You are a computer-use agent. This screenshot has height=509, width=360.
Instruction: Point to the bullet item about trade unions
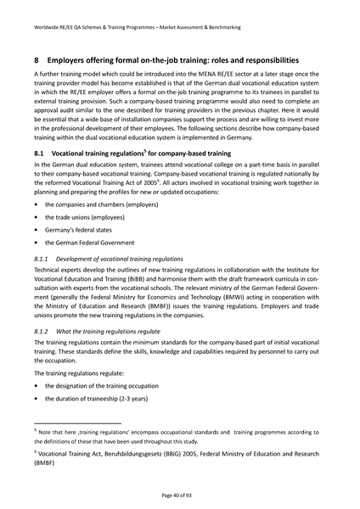[x=82, y=217]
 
